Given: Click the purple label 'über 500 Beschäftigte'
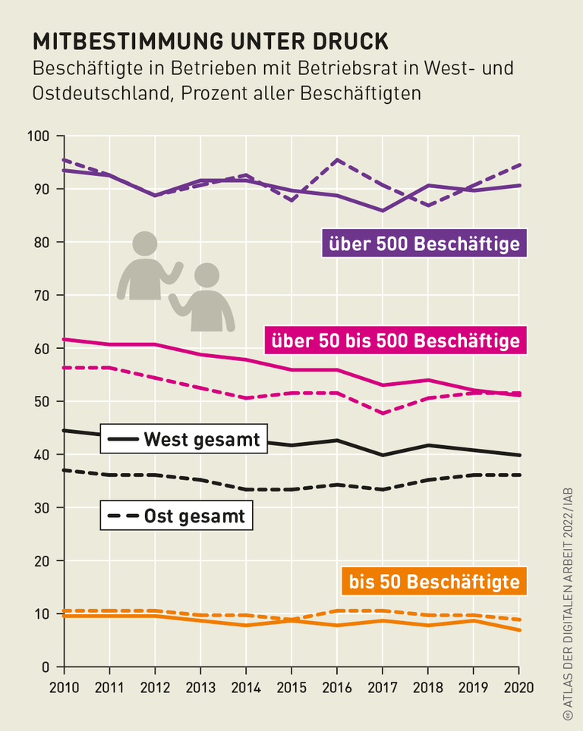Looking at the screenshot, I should coord(424,244).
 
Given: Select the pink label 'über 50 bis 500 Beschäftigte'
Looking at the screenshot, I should coord(395,340).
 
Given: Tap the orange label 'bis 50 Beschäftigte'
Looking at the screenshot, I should coord(433,582).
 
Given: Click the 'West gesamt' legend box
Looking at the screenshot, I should coord(184,439).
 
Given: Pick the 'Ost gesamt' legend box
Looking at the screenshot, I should coord(177,516).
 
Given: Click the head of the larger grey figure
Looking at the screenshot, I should coord(144,243).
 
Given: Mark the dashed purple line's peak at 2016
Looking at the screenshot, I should coord(337,160).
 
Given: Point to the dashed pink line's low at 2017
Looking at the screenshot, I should coord(383,413).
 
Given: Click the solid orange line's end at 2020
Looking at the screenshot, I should coord(518,630).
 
